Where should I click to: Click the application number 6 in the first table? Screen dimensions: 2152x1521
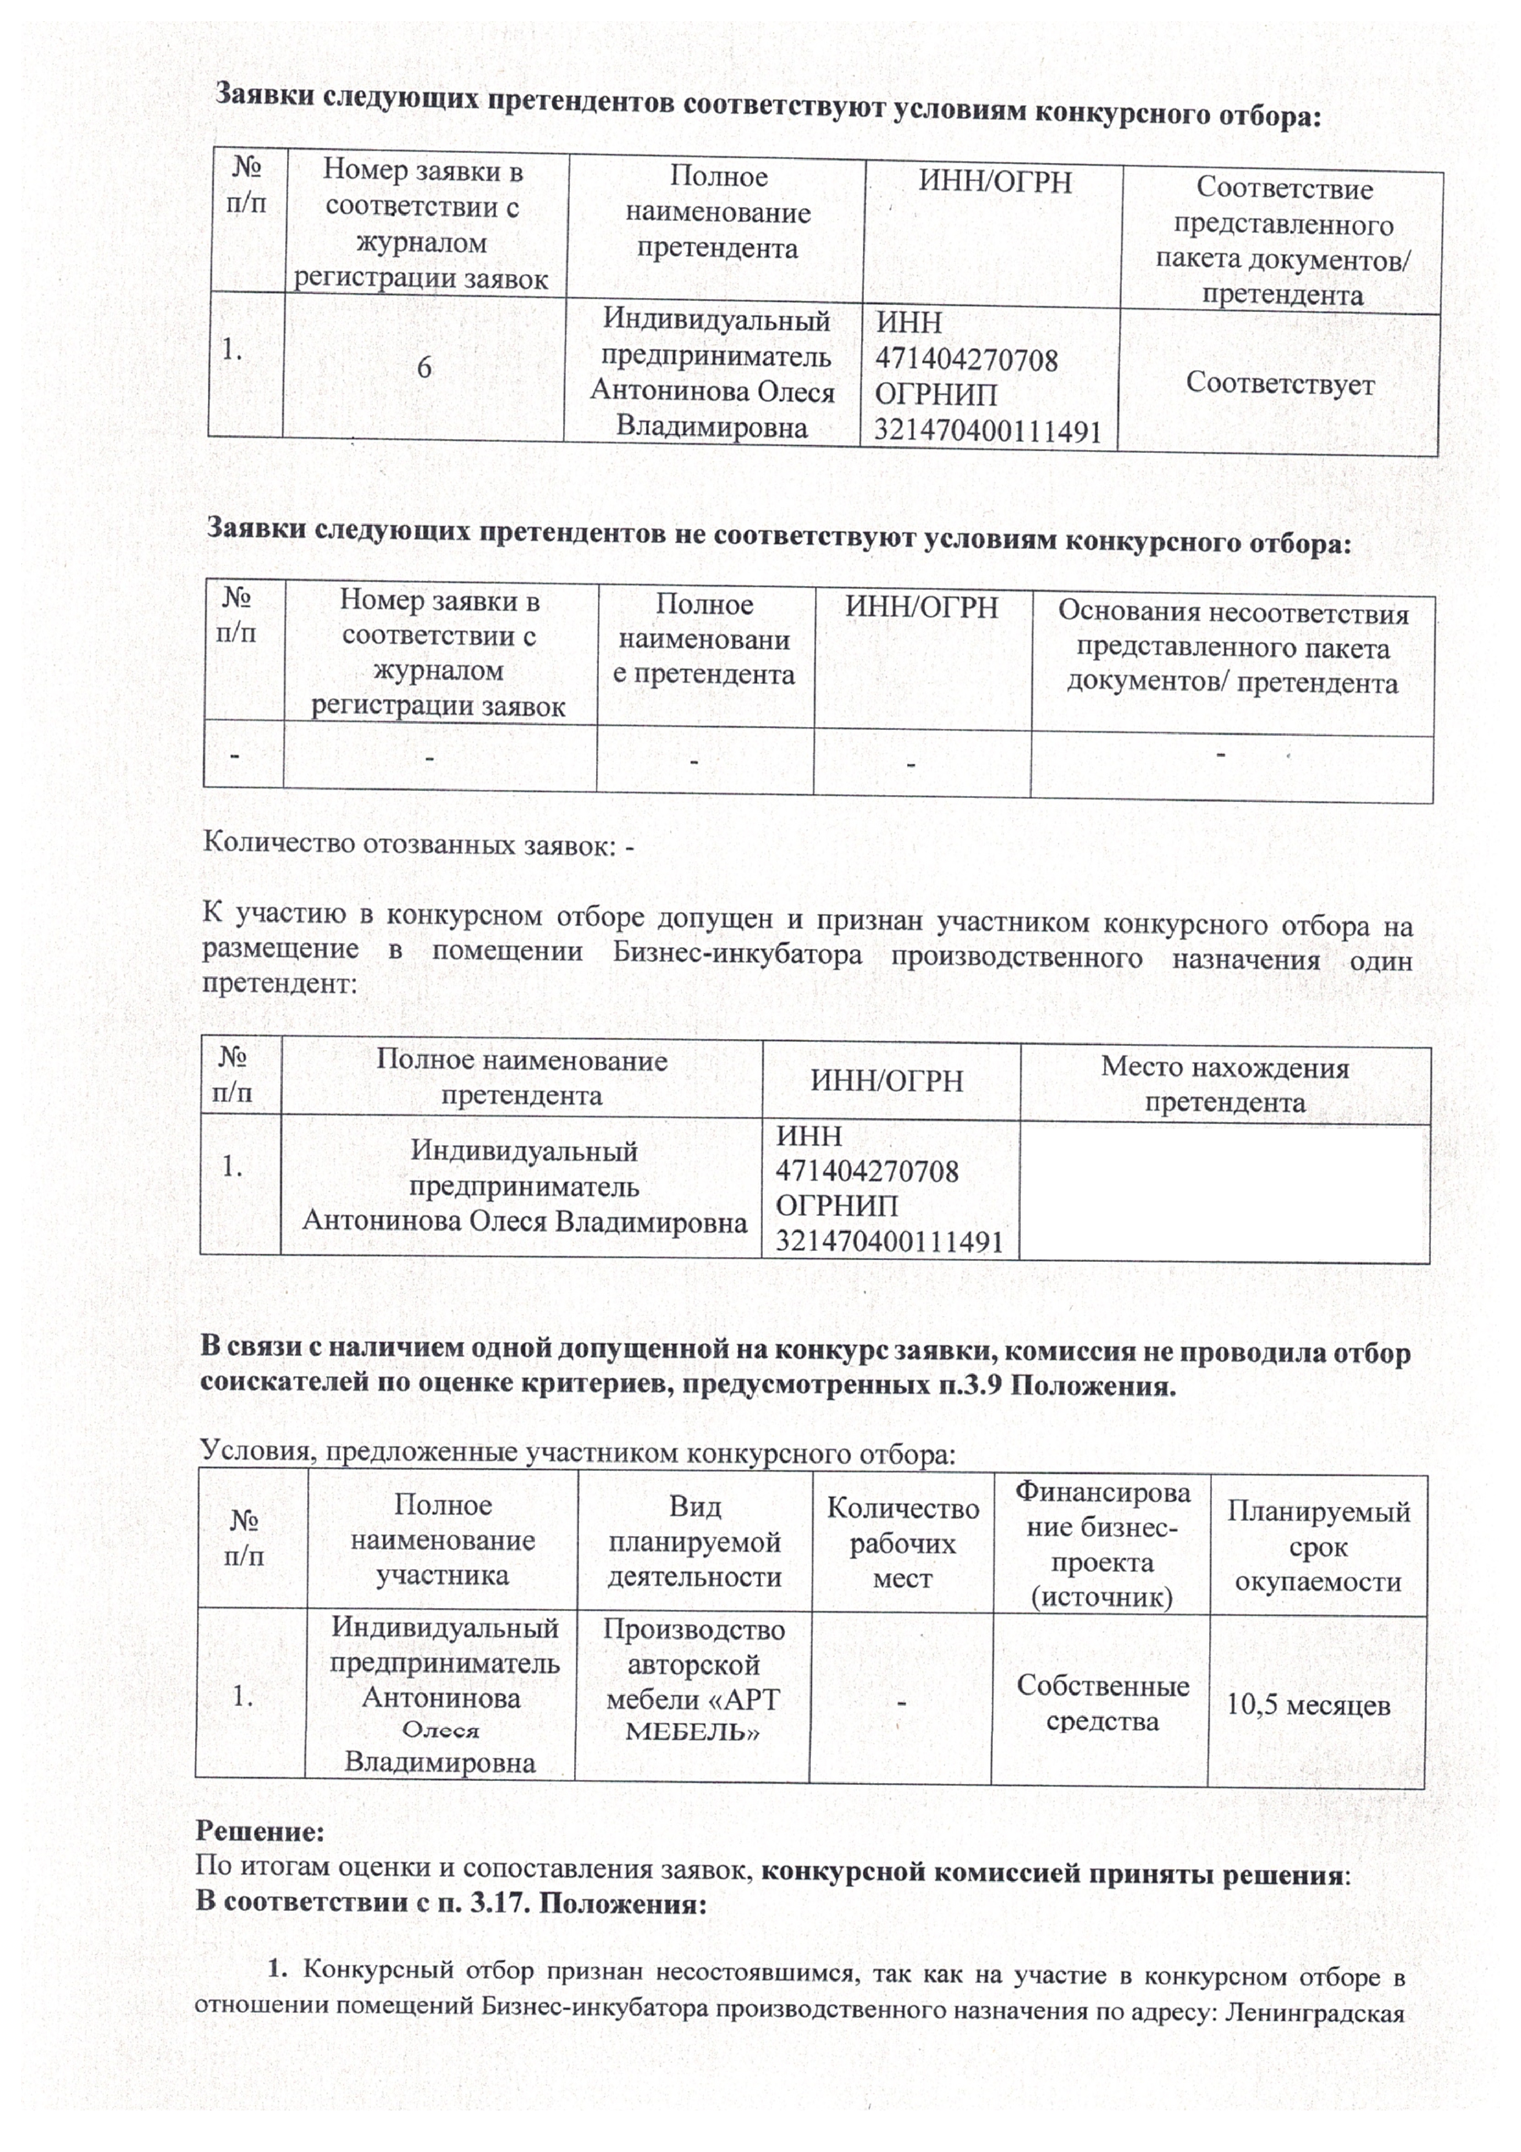424,368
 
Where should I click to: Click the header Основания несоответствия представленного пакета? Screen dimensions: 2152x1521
1232,648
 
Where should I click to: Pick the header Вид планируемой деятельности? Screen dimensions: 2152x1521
694,1542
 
